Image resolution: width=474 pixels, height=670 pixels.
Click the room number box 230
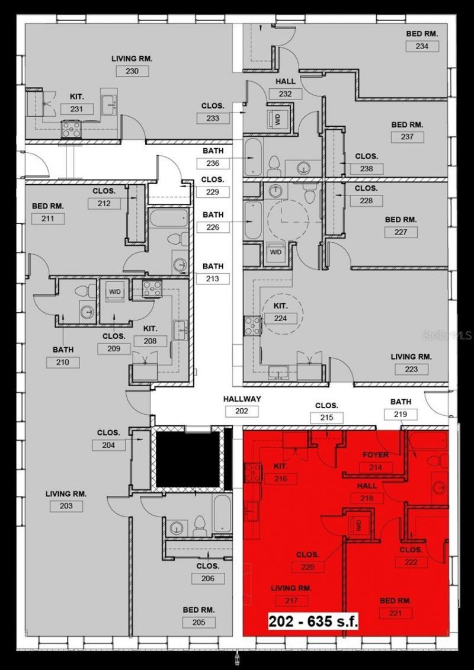coord(132,71)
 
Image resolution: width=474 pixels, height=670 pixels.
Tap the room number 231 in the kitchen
coord(78,109)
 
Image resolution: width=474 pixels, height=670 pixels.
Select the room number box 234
coord(422,46)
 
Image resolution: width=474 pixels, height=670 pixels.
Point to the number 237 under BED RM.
coord(407,137)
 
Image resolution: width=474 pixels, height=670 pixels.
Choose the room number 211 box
coord(48,219)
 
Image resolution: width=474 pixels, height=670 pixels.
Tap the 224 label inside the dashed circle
coord(280,319)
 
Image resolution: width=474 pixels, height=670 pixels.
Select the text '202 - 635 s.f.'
coord(313,622)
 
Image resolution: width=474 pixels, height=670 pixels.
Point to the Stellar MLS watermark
coord(447,335)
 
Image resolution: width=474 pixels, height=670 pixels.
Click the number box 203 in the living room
coord(66,506)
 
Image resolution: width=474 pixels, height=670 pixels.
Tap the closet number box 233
coord(213,118)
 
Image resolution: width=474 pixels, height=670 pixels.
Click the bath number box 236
coord(213,164)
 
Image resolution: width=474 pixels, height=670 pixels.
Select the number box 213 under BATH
coord(213,278)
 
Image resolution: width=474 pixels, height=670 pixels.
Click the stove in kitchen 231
coord(72,129)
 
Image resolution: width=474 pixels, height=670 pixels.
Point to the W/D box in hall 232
coord(277,119)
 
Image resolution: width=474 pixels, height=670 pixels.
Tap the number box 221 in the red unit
coord(395,613)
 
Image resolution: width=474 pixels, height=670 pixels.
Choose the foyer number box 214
coord(376,467)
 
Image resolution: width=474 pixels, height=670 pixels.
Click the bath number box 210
coord(63,363)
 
